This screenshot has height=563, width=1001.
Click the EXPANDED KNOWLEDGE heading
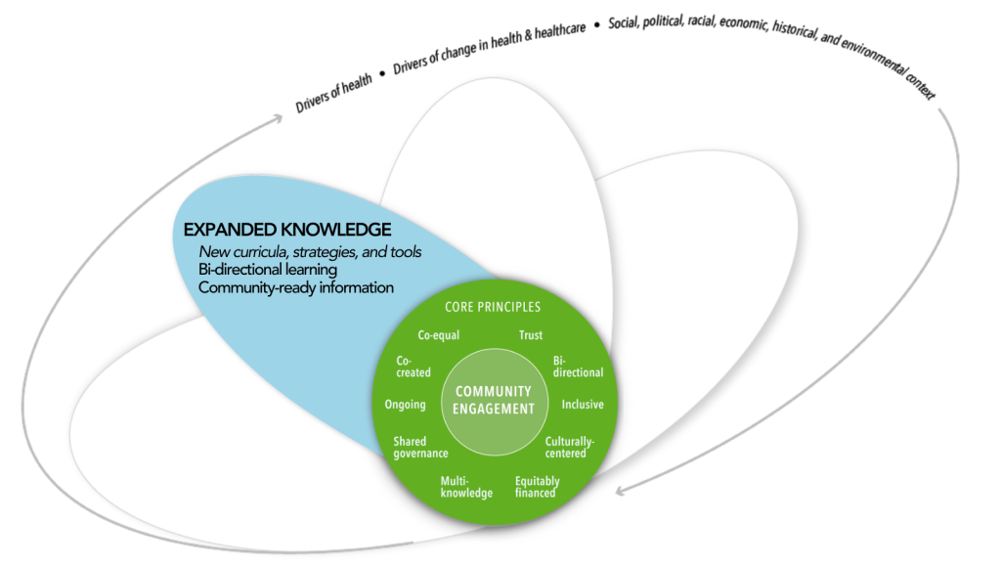click(287, 230)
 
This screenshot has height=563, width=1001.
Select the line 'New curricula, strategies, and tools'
click(310, 252)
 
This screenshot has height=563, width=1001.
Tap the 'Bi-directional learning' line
click(267, 270)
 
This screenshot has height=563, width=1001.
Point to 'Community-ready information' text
click(295, 287)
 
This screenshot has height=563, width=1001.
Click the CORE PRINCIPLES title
click(493, 307)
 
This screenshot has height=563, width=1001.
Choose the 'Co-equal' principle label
click(438, 335)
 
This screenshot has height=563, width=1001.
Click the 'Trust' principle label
click(531, 335)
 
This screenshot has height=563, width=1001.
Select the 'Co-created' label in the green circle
click(413, 367)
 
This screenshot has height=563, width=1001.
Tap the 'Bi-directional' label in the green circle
click(577, 367)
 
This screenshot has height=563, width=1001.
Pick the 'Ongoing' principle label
click(406, 405)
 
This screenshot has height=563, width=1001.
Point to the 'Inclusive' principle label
click(583, 405)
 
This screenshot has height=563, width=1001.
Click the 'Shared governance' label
click(420, 447)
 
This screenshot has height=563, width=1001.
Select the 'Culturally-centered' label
click(569, 447)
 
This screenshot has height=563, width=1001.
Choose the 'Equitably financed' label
click(537, 487)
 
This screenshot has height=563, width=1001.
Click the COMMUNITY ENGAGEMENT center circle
click(495, 400)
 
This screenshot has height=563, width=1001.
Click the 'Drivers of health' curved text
click(333, 94)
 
